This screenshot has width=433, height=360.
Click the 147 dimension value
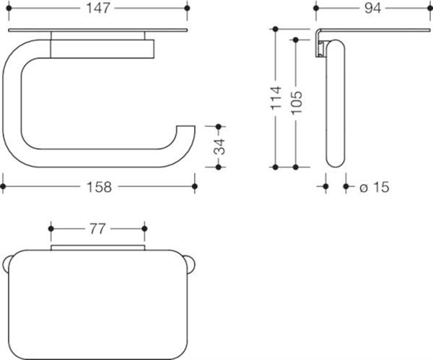click(98, 8)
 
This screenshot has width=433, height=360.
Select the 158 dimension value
click(99, 187)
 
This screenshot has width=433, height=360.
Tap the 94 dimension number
click(372, 8)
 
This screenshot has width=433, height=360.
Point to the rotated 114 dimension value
click(276, 98)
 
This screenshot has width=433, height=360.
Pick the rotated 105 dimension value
click(297, 102)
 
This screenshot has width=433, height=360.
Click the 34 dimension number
click(220, 147)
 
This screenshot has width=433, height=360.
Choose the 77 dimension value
click(97, 229)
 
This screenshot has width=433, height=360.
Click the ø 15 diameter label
click(375, 187)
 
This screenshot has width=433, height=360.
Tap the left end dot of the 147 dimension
click(9, 8)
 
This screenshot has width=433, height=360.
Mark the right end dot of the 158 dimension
click(194, 186)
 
